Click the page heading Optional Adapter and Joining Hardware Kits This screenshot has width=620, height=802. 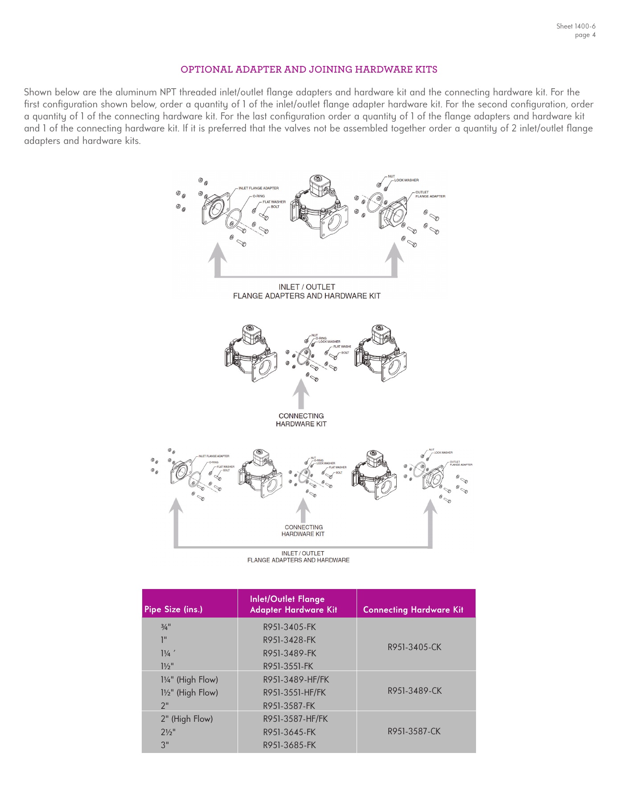309,70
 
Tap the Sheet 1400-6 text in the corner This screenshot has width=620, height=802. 575,26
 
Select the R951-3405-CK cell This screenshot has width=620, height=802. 414,647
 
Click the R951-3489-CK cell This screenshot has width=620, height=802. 415,691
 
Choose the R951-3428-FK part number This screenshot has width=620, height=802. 289,640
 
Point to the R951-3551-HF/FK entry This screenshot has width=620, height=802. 294,692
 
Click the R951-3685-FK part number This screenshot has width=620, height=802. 289,745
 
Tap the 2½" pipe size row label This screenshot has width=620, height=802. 168,732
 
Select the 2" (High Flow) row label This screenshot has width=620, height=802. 187,719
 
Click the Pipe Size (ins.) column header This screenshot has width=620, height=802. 173,609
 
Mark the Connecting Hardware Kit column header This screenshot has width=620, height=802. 413,610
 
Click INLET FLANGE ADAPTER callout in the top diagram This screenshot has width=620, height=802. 259,188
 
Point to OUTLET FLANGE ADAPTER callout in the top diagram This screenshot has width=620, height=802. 430,194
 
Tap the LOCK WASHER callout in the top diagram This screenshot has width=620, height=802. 406,180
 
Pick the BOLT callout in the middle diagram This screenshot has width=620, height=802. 345,352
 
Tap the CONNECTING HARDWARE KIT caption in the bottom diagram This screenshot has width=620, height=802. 303,530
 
